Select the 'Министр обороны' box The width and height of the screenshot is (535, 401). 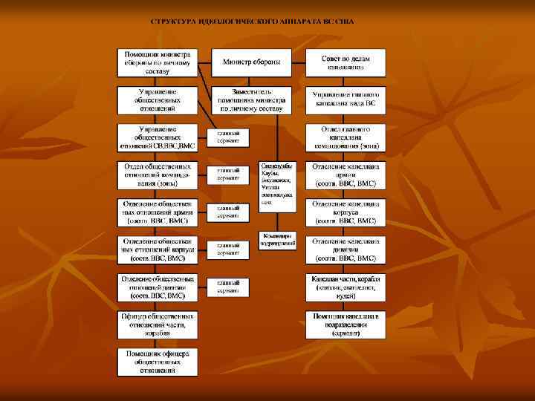point(252,62)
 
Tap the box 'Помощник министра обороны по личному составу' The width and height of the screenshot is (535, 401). point(157,63)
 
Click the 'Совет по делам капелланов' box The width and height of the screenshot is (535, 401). point(346,62)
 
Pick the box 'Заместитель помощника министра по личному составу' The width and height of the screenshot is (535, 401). point(252,100)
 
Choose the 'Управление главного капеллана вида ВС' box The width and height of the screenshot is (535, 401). point(346,100)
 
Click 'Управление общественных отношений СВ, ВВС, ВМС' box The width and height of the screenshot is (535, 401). point(157,137)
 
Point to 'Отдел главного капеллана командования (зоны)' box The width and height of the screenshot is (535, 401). point(346,137)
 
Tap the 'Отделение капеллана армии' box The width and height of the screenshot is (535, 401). point(346,175)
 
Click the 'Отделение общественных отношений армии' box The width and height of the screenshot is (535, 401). point(157,212)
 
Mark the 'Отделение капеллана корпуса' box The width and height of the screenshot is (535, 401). point(346,212)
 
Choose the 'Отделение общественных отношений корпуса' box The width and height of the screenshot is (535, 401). point(157,250)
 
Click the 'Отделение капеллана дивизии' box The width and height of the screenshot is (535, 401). point(346,250)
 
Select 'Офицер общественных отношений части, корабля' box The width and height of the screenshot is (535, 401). point(157,325)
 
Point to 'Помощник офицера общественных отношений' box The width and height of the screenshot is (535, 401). point(157,362)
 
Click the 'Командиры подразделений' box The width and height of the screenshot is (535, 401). point(278,240)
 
